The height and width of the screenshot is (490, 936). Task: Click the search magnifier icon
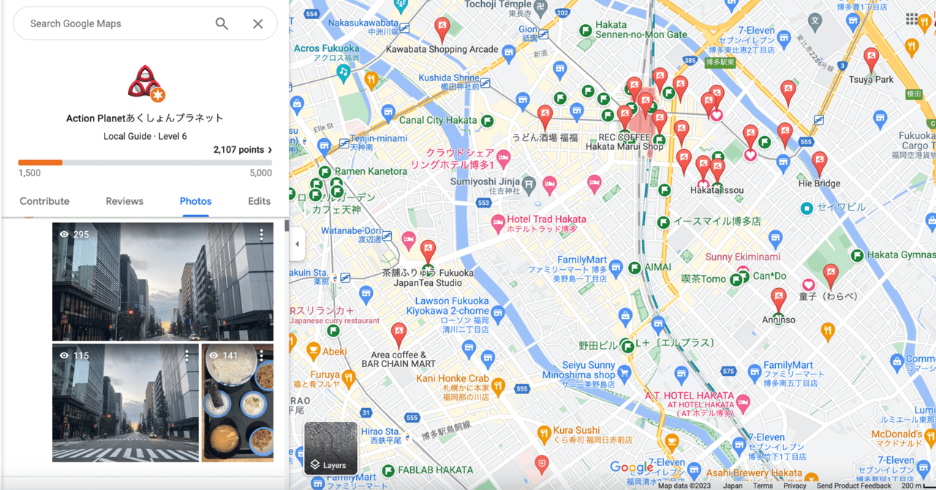click(222, 23)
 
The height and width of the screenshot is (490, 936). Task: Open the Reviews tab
click(124, 201)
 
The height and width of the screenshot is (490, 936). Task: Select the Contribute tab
click(45, 201)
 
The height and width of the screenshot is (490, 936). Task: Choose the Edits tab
click(259, 201)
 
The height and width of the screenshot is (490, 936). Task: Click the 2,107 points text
click(239, 150)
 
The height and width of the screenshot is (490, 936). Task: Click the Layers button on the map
click(331, 448)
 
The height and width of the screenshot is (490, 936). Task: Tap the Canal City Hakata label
click(438, 120)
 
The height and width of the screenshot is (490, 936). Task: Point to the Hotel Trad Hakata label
click(546, 219)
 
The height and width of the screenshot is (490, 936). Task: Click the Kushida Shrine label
click(449, 78)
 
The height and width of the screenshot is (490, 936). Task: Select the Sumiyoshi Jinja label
click(485, 181)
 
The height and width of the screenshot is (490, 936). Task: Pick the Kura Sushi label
click(576, 430)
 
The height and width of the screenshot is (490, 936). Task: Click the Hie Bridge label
click(819, 184)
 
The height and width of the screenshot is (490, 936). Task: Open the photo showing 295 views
click(162, 282)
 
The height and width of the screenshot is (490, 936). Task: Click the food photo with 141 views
click(238, 402)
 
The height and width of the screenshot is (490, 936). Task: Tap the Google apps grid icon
click(912, 19)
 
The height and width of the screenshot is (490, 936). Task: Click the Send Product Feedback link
click(853, 486)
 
